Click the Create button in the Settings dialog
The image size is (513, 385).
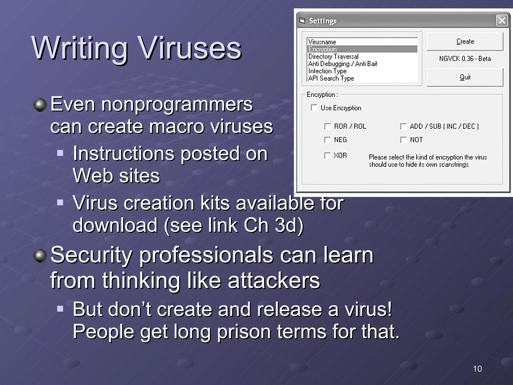(x=465, y=42)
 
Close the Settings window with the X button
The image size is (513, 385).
(x=502, y=21)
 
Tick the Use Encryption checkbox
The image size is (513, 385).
(x=314, y=108)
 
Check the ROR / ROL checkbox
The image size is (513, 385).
(x=327, y=126)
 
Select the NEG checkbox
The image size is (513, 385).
(x=327, y=140)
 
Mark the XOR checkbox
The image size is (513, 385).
(x=327, y=156)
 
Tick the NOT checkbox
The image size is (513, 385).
(x=403, y=140)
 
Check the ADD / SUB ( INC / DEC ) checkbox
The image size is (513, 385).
(x=403, y=126)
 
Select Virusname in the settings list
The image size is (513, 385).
(x=322, y=42)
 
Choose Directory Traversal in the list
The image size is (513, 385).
(x=333, y=56)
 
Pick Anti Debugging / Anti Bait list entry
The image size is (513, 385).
(x=343, y=64)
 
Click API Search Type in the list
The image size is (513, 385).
(x=331, y=78)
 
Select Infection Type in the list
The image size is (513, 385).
(x=327, y=71)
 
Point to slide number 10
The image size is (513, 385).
(x=477, y=369)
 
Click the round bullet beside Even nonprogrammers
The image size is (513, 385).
(x=40, y=105)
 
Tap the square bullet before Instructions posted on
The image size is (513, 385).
(x=60, y=153)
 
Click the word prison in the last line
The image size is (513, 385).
(x=244, y=331)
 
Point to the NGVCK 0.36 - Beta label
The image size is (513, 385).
(x=465, y=59)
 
